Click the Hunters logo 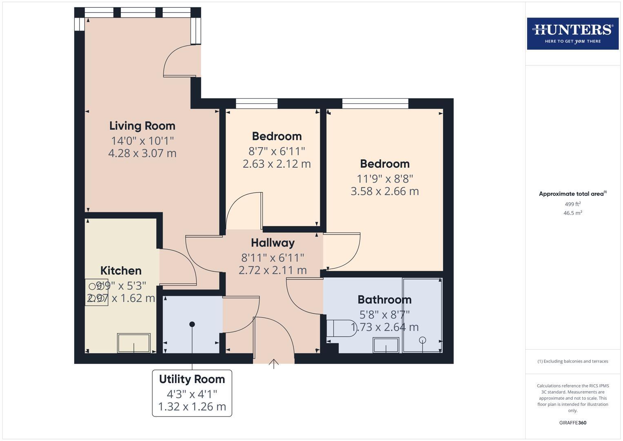click(572, 33)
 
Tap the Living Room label click(142, 126)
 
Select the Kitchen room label click(121, 270)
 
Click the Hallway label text click(273, 243)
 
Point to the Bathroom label click(384, 299)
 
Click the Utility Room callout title click(192, 379)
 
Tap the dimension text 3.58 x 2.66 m click(384, 191)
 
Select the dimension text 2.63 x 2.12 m click(276, 164)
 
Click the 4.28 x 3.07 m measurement click(142, 153)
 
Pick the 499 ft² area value click(572, 204)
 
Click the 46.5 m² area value click(572, 213)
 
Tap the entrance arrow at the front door click(273, 363)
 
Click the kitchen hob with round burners click(96, 292)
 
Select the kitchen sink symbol click(134, 343)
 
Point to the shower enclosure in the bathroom click(422, 315)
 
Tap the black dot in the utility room click(192, 324)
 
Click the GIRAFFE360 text click(572, 423)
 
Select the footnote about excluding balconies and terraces click(572, 361)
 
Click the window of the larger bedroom click(375, 104)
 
